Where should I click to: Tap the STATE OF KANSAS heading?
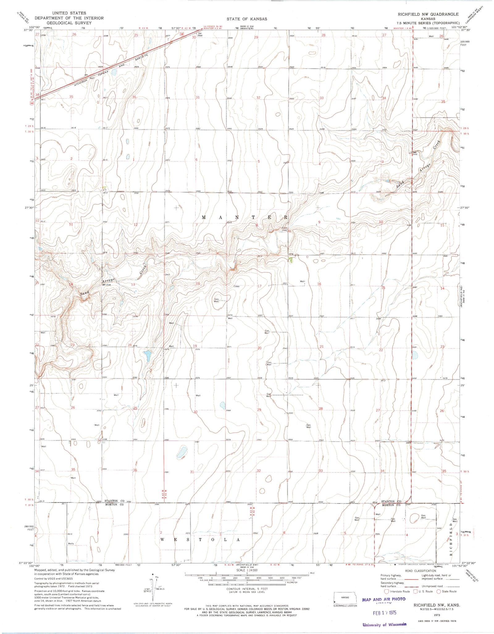coord(247,19)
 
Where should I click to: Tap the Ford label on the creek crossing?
coord(284,229)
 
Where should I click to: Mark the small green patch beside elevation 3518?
coord(291,260)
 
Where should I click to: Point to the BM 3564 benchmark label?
coord(200,34)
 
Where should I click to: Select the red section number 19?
coord(195,346)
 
